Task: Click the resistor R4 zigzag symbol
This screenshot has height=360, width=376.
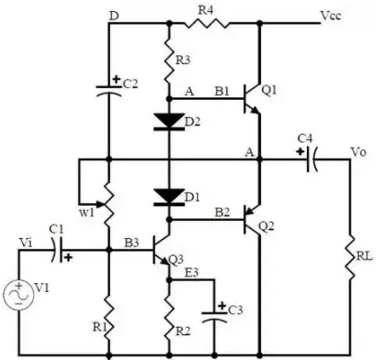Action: tap(205, 23)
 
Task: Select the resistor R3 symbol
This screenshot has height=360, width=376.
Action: tap(169, 61)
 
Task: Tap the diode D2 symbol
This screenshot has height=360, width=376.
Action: tap(169, 122)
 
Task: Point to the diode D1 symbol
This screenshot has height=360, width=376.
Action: tap(169, 197)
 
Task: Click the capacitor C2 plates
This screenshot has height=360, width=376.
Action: tap(109, 90)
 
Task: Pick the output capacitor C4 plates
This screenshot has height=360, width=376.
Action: tap(312, 160)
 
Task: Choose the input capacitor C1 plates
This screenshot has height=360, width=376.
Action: tap(57, 250)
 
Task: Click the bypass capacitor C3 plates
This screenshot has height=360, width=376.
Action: tap(214, 317)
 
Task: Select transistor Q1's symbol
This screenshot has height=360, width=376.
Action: tap(252, 99)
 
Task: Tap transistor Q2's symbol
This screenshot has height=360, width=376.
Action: tap(252, 219)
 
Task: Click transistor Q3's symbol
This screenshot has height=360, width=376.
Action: tap(161, 250)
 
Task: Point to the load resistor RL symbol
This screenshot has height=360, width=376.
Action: tap(350, 258)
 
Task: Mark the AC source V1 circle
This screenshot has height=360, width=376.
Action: tap(19, 294)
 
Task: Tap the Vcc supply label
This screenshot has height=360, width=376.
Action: tap(331, 15)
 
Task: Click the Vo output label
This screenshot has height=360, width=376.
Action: tap(358, 153)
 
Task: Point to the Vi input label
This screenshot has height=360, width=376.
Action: tap(26, 243)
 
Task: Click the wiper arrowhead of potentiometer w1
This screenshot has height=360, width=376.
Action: tap(100, 204)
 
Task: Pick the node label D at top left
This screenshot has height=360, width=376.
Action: tap(113, 16)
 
